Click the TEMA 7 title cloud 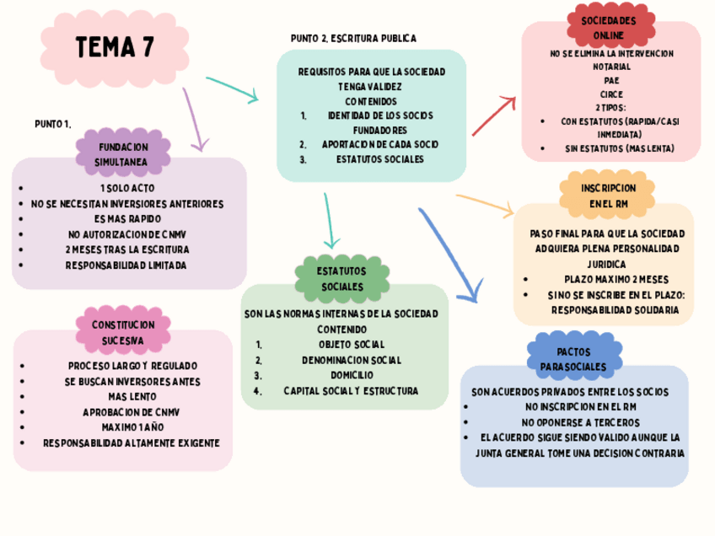coord(116,48)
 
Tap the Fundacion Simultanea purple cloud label coord(123,153)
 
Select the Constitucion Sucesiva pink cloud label coord(123,332)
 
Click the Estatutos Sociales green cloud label coord(341,279)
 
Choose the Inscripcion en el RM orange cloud coord(608,196)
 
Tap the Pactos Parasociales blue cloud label coord(573,359)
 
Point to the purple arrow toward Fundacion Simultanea coord(193,119)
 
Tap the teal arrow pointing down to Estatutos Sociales coord(329,220)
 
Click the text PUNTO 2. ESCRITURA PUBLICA coord(353,39)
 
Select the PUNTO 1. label coord(52,124)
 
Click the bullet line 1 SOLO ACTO coord(127,188)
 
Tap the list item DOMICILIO coord(352,375)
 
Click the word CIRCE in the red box coord(611,94)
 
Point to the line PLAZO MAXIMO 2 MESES coord(616,279)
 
